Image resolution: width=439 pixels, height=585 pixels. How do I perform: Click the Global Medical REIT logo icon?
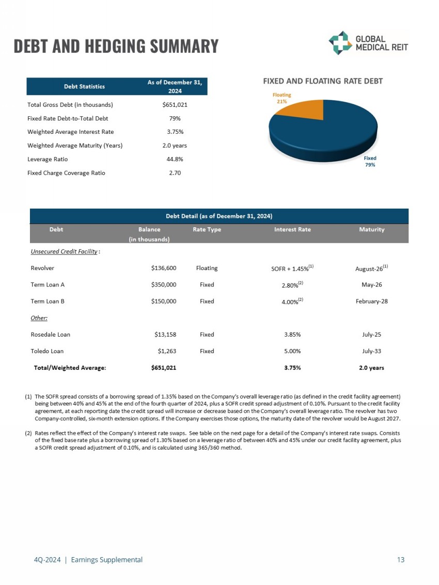[x=340, y=43]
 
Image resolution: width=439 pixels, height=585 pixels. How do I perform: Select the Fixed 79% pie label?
[x=370, y=162]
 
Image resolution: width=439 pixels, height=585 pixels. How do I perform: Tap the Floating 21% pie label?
[x=282, y=98]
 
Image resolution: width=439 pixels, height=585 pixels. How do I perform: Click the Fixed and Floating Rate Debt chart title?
[x=323, y=81]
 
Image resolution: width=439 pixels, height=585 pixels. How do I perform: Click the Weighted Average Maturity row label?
[x=75, y=146]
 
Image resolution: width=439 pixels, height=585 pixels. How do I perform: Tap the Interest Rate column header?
[x=292, y=229]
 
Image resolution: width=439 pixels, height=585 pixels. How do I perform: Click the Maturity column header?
[x=372, y=229]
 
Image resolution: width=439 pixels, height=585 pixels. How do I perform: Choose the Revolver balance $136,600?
[x=164, y=268]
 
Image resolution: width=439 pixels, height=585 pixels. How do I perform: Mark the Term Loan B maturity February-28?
[x=372, y=302]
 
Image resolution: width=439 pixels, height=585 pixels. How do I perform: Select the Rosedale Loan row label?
[x=51, y=335]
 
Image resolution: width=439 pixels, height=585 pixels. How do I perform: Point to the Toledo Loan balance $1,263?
[x=167, y=351]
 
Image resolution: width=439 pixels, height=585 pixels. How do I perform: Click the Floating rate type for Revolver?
[x=207, y=268]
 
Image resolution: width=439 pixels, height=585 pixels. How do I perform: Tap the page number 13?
[x=401, y=560]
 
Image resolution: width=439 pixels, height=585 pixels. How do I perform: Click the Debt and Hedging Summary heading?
[x=116, y=46]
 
